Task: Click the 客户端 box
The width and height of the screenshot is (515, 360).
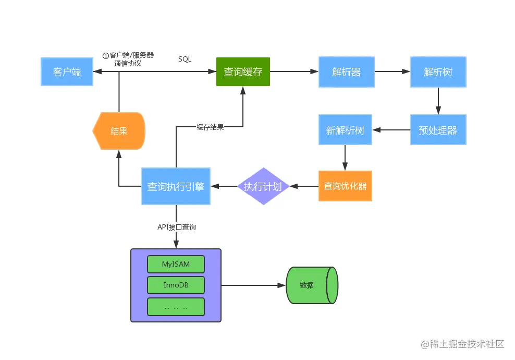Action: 67,72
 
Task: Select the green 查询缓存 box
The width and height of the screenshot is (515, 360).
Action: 243,72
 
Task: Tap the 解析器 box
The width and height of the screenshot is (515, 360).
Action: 346,72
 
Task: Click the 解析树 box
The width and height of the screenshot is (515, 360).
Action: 438,72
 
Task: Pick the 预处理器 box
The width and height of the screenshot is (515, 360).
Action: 438,130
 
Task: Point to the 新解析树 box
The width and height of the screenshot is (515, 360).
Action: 345,130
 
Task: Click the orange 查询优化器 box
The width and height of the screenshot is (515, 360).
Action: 345,186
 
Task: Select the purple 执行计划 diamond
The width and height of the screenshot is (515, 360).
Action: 263,186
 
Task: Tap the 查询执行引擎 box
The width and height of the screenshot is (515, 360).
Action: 176,186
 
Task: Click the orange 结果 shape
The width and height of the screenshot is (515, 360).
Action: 118,131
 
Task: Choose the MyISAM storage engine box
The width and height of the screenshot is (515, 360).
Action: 176,264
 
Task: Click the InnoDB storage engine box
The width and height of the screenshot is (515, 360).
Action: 176,285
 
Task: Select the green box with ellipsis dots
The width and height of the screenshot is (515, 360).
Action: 176,307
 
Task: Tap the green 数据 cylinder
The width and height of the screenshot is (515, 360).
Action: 311,285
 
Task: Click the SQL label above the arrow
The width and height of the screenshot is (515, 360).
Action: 185,59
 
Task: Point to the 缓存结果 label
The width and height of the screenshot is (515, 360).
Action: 210,127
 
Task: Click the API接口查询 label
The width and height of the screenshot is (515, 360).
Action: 177,227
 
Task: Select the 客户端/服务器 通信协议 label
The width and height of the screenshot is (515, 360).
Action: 128,59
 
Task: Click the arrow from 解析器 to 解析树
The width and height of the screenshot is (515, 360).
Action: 392,72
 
